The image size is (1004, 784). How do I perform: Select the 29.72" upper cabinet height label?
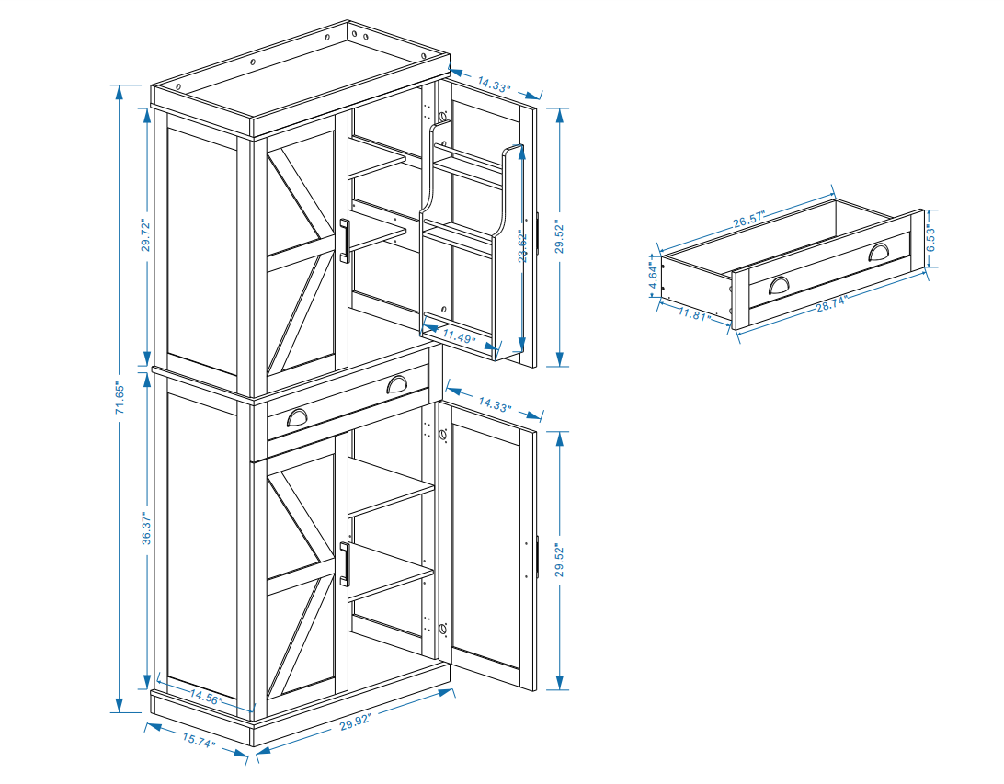coord(145,235)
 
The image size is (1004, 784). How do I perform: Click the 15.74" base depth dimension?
coord(197,740)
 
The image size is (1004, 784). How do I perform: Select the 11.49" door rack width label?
coord(459,335)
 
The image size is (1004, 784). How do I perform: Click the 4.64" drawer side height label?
coord(653,273)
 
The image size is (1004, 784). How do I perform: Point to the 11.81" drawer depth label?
coord(696,314)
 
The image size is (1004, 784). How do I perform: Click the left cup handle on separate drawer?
coord(780,286)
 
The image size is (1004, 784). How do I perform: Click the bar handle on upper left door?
coord(343,241)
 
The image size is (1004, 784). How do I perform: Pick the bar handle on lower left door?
coord(343,562)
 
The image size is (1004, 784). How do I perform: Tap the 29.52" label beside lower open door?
coord(559,558)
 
